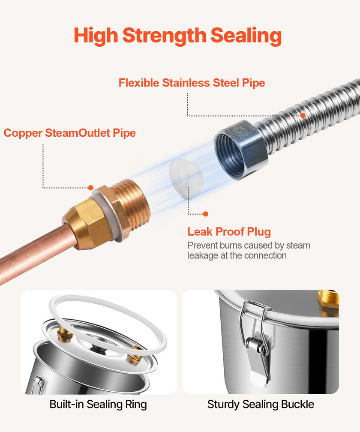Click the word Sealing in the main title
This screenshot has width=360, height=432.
pyautogui.click(x=246, y=36)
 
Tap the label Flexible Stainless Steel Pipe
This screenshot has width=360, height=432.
pyautogui.click(x=192, y=83)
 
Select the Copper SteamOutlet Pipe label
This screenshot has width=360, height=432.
pyautogui.click(x=70, y=133)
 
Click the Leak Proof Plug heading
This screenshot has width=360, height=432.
pyautogui.click(x=229, y=232)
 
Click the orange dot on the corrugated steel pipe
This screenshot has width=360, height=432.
pyautogui.click(x=303, y=115)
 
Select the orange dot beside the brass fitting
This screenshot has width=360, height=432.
pyautogui.click(x=90, y=188)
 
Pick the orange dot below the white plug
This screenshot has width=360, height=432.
pyautogui.click(x=205, y=214)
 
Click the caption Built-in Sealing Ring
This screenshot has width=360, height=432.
pyautogui.click(x=98, y=405)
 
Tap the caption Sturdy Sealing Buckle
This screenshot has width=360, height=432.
pyautogui.click(x=261, y=405)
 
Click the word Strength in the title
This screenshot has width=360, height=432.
pyautogui.click(x=164, y=36)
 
